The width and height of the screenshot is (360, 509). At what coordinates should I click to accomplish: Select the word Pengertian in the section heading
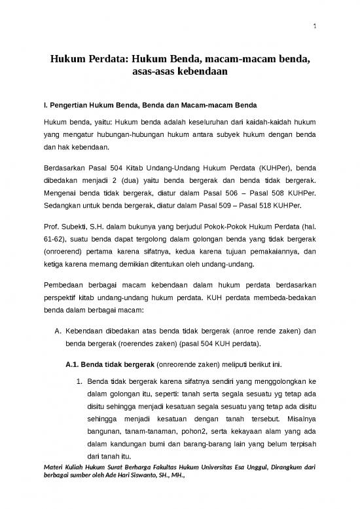68,105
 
